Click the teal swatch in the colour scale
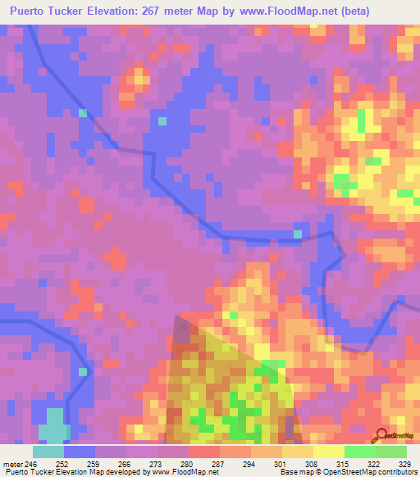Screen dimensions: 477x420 (48, 452)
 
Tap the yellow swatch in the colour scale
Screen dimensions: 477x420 (329, 452)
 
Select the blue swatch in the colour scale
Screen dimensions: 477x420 (80, 452)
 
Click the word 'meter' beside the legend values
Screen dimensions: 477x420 (12, 463)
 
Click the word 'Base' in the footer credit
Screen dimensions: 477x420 (288, 472)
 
